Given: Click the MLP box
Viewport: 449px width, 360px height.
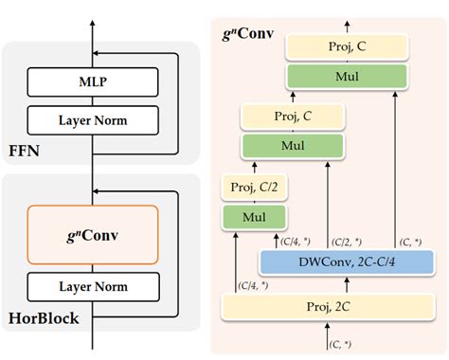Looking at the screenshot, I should (x=92, y=82).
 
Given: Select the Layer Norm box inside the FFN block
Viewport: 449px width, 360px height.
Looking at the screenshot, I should (x=92, y=120).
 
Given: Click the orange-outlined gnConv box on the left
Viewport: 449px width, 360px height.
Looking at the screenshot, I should (x=92, y=232).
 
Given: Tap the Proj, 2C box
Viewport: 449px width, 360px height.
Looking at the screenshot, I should (x=327, y=307).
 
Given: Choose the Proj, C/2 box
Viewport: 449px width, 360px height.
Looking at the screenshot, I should (x=248, y=189).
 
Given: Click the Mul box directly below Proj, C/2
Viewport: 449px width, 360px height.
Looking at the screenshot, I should (x=248, y=217).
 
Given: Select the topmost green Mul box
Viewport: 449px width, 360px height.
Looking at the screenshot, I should (x=347, y=77).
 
